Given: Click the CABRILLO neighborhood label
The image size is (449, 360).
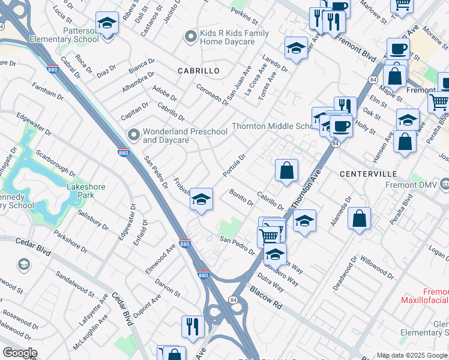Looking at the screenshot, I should coord(198,71).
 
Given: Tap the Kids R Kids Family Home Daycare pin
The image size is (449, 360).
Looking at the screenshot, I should coord(191,37).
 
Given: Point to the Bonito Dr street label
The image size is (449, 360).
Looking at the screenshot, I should coord(242,197).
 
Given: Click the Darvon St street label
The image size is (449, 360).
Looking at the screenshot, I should coord(167,287).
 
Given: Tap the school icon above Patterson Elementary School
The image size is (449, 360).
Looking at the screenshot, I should coord(107,23).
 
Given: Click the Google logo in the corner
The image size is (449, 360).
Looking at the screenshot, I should coord(20,352).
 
